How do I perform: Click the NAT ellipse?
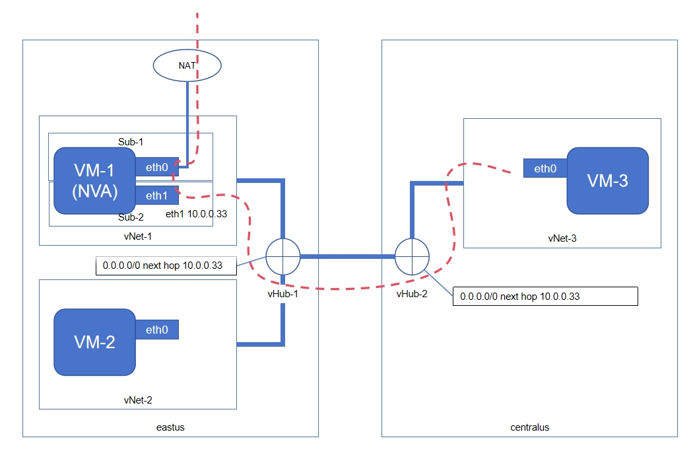pos(187,65)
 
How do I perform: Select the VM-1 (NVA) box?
pos(94,180)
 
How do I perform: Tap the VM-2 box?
pos(94,342)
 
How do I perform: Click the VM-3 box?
pos(607,180)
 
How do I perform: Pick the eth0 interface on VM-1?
pos(157,168)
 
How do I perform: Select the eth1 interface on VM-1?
pos(157,195)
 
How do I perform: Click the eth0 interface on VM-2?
pos(157,330)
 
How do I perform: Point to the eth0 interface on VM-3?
pos(545,168)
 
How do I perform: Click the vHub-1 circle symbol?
pos(282,256)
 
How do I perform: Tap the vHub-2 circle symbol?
pos(412,256)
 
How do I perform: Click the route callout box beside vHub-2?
pos(545,296)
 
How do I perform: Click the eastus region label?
pos(171,427)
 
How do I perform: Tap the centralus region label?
pos(529,427)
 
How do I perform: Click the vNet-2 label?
pos(138,400)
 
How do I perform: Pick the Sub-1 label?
pos(131,141)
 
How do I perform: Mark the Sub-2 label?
pos(131,217)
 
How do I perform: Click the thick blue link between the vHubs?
pos(347,256)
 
